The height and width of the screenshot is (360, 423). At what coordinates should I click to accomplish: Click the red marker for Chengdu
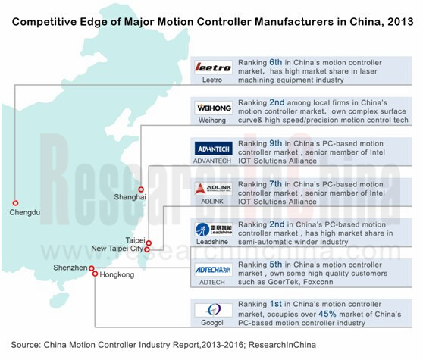[16, 203]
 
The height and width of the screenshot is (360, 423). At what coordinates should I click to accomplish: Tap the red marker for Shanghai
[141, 189]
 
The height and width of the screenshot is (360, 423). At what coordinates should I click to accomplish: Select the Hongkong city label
[117, 275]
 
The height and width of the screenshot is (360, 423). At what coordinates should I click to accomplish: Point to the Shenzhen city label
[70, 268]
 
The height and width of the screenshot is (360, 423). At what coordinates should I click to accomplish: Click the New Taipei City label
[117, 249]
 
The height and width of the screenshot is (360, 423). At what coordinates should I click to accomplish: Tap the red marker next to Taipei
[149, 243]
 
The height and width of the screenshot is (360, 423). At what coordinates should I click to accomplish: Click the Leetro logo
[213, 67]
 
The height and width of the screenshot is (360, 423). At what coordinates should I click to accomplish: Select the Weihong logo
[213, 108]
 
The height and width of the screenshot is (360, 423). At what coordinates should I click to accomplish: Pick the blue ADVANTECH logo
[213, 149]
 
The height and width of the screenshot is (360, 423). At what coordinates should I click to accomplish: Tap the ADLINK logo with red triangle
[213, 189]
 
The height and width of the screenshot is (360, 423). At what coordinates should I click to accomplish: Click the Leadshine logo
[213, 229]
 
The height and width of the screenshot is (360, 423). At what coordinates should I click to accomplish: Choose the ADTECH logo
[213, 270]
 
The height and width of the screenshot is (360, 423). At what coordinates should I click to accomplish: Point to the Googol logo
[213, 310]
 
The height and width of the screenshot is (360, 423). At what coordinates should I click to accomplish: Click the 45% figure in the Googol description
[327, 314]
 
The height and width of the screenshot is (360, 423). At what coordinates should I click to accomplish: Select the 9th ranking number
[276, 143]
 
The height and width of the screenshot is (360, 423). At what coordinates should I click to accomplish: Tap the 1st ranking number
[276, 304]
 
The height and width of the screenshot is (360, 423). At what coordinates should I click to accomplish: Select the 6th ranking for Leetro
[275, 62]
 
